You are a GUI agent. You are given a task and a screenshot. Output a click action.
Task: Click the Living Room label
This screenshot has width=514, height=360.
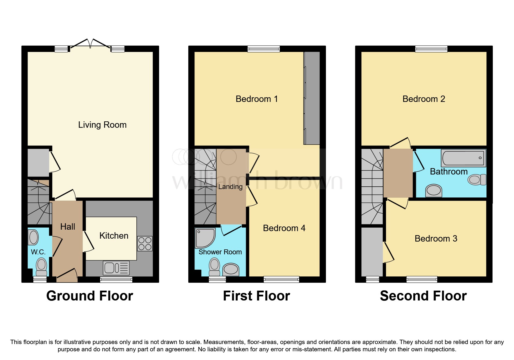(102, 125)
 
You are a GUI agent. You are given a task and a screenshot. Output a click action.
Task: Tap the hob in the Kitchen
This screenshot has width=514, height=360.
(145, 244)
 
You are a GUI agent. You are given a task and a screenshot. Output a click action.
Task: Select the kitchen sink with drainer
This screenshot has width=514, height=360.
(116, 268)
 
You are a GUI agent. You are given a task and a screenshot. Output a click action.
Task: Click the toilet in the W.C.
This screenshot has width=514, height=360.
(42, 267)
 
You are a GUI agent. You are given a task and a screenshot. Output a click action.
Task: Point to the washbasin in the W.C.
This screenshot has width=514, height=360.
(33, 237)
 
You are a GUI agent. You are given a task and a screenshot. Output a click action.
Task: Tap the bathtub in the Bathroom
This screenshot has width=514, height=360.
(463, 158)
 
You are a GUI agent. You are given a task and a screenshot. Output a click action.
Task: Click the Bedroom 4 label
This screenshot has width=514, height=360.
(284, 228)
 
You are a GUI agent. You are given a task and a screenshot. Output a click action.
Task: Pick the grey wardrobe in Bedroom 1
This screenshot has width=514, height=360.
(312, 98)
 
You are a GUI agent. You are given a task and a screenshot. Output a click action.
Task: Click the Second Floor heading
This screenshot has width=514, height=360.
(423, 296)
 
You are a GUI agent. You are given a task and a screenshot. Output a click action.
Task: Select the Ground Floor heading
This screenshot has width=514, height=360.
(90, 296)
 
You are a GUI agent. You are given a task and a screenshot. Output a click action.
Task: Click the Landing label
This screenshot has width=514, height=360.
(230, 187)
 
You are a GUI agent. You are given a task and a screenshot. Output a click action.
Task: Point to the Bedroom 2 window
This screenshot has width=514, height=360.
(431, 49)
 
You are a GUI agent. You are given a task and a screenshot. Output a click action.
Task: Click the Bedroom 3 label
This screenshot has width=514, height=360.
(436, 239)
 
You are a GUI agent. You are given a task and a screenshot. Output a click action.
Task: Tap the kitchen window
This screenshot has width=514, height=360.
(116, 280)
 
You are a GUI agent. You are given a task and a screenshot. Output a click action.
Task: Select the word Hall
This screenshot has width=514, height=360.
(68, 227)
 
